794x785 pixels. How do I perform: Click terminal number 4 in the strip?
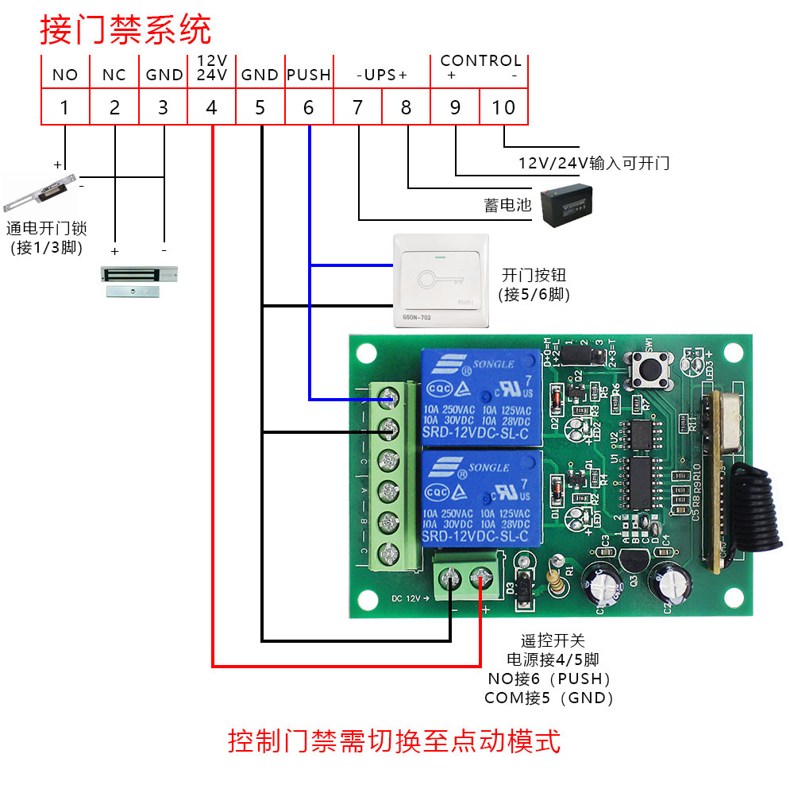click(211, 107)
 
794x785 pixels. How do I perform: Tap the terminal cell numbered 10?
click(504, 107)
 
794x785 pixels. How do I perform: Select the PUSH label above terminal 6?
click(308, 75)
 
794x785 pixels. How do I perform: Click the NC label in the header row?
click(114, 75)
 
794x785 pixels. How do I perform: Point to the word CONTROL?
click(480, 60)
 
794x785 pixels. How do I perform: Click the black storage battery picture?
click(567, 205)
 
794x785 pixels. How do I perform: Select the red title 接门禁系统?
click(125, 30)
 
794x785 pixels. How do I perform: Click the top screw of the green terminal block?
click(388, 395)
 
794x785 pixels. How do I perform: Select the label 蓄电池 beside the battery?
click(507, 205)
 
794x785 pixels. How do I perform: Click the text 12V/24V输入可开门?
click(593, 163)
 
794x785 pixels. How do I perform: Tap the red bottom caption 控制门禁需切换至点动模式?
click(394, 741)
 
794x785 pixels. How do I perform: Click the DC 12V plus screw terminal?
click(480, 578)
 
